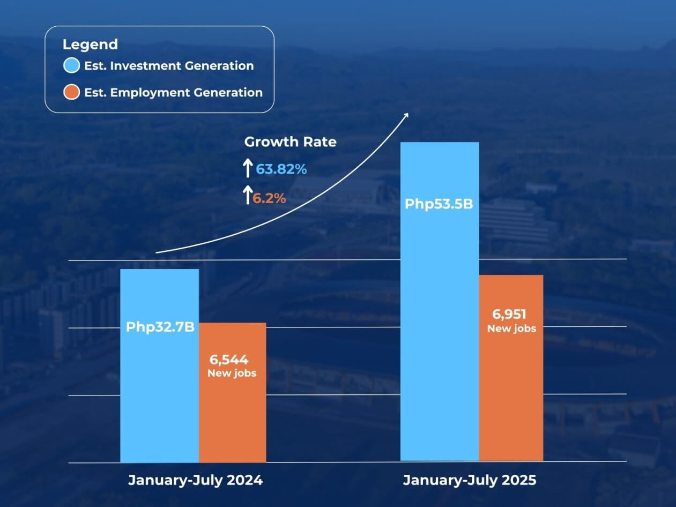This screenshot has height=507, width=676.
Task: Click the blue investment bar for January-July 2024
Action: point(159,397)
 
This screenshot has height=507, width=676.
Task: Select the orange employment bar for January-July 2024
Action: point(232,418)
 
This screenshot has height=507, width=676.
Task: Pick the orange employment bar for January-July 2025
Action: point(511,397)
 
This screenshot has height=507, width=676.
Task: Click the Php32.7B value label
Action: point(160,326)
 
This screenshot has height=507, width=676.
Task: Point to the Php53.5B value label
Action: point(439,204)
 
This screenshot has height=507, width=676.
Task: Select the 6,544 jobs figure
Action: point(228,360)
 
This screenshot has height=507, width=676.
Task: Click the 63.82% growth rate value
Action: point(281,169)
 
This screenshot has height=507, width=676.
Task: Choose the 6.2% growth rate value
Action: point(269,198)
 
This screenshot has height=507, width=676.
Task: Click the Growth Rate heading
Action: point(290,142)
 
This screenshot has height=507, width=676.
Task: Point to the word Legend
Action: point(90,44)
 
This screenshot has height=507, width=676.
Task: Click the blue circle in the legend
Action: point(71,66)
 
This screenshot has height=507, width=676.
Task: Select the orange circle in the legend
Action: point(71,92)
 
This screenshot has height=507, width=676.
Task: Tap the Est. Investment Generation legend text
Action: point(169,66)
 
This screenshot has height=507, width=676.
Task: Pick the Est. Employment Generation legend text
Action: point(173,92)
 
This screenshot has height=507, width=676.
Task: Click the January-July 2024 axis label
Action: point(195,480)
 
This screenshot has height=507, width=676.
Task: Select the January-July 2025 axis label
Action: point(469,480)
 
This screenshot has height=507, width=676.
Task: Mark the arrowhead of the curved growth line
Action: point(406,115)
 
